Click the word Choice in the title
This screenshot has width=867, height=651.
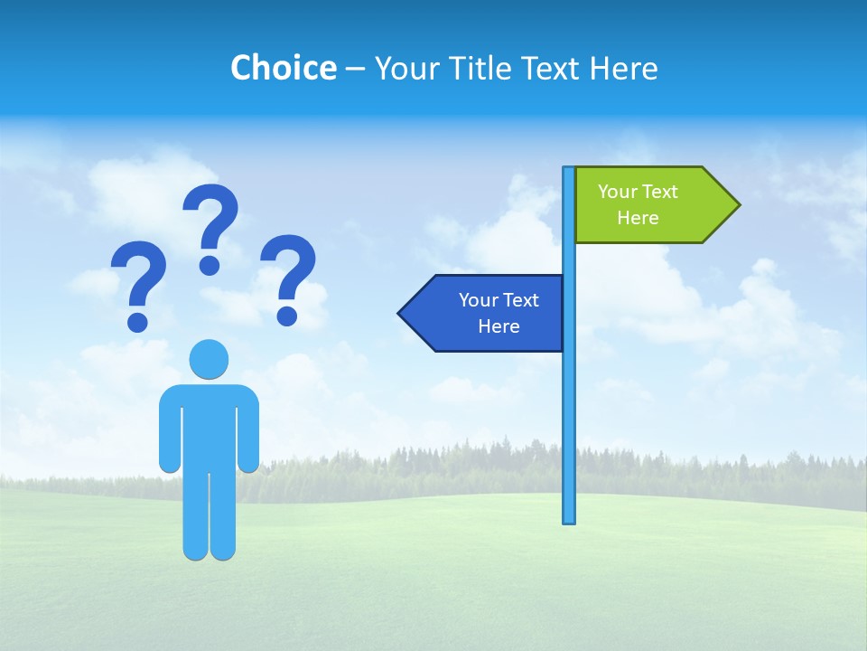[x=283, y=68]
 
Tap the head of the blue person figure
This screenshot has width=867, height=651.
[x=209, y=359]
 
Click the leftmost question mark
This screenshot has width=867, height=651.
[x=138, y=276]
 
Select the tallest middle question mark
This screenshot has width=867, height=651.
[x=211, y=222]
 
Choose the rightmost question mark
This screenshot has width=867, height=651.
[x=288, y=271]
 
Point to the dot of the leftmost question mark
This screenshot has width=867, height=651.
[x=137, y=322]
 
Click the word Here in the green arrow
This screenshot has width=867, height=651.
[x=638, y=218]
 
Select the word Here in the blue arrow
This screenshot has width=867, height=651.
[x=499, y=326]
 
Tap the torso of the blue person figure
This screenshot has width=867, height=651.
[x=210, y=425]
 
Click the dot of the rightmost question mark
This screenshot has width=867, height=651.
[x=287, y=315]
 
